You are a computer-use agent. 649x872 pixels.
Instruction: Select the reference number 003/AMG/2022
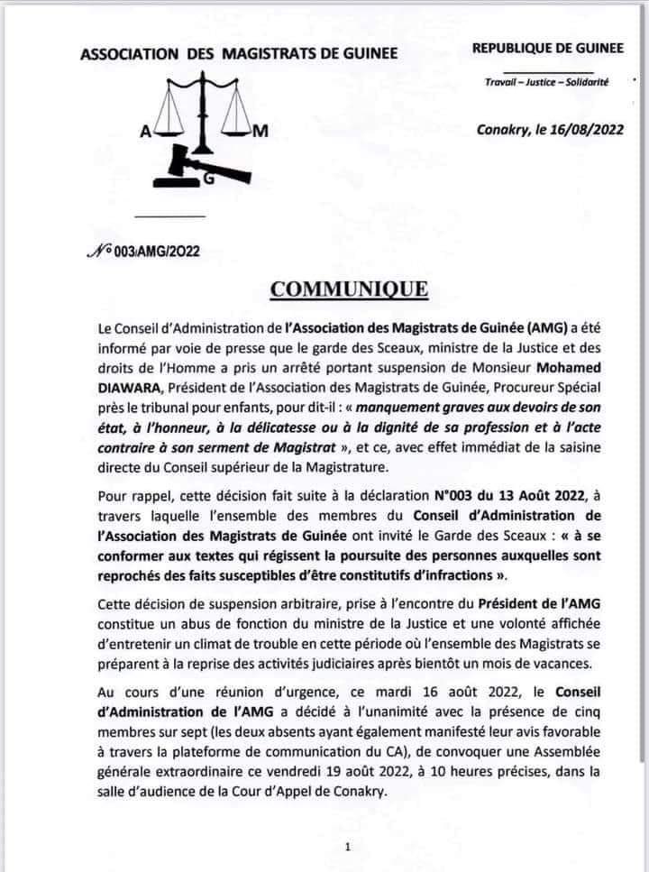coord(148,252)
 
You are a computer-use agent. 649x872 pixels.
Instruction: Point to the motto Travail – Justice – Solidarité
coord(546,83)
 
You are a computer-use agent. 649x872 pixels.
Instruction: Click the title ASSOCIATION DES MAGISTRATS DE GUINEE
coord(239,54)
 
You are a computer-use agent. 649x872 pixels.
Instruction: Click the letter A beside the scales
coord(144,133)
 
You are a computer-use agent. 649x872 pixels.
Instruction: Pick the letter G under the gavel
coord(209,180)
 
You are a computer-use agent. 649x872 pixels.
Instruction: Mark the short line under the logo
coord(169,216)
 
